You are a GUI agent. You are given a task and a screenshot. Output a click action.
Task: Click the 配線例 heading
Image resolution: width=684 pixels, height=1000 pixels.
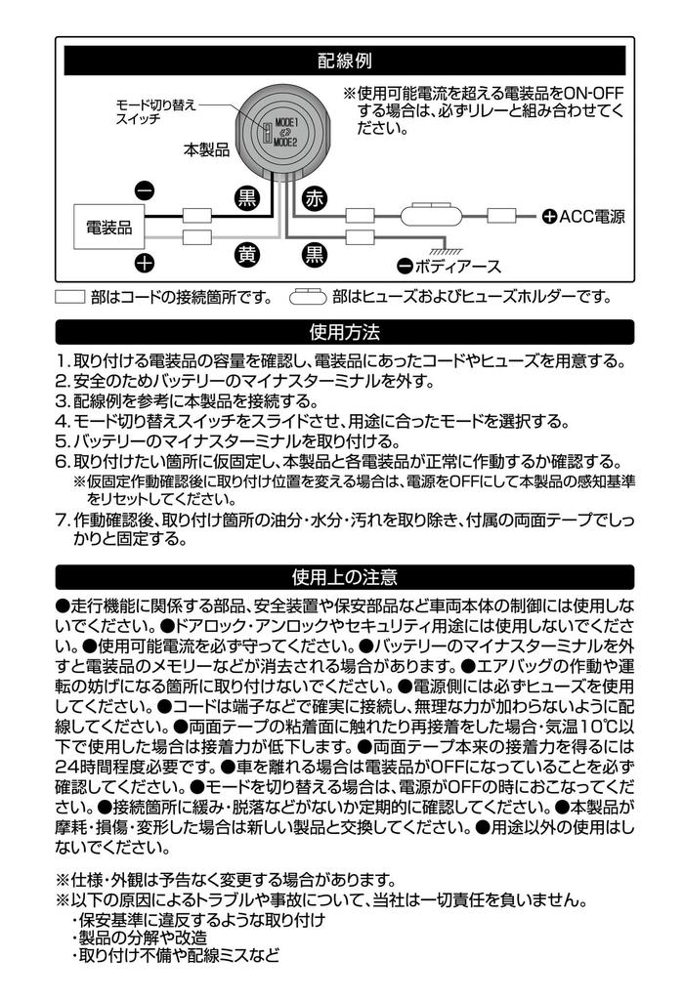345,62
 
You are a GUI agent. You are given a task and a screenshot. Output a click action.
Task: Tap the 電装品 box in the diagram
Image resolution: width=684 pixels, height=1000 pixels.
109,228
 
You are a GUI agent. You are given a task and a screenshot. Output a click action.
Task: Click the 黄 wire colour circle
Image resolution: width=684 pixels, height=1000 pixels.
247,256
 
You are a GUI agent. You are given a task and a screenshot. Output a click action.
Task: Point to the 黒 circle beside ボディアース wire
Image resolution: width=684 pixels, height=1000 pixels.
315,256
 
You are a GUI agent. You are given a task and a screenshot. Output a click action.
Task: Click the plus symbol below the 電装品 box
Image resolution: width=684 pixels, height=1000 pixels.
144,263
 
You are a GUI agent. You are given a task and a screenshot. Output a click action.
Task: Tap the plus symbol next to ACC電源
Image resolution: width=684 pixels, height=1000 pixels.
549,216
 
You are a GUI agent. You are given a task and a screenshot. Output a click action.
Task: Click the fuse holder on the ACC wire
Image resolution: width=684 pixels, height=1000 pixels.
427,214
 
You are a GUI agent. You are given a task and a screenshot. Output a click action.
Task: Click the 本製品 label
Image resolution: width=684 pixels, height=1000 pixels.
206,150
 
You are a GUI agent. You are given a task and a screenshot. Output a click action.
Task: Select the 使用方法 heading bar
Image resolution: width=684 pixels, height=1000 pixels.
345,331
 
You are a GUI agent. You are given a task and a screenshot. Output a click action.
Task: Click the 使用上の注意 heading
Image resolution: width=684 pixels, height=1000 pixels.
345,577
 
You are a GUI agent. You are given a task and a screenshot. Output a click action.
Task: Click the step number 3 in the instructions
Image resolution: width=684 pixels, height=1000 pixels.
62,401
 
